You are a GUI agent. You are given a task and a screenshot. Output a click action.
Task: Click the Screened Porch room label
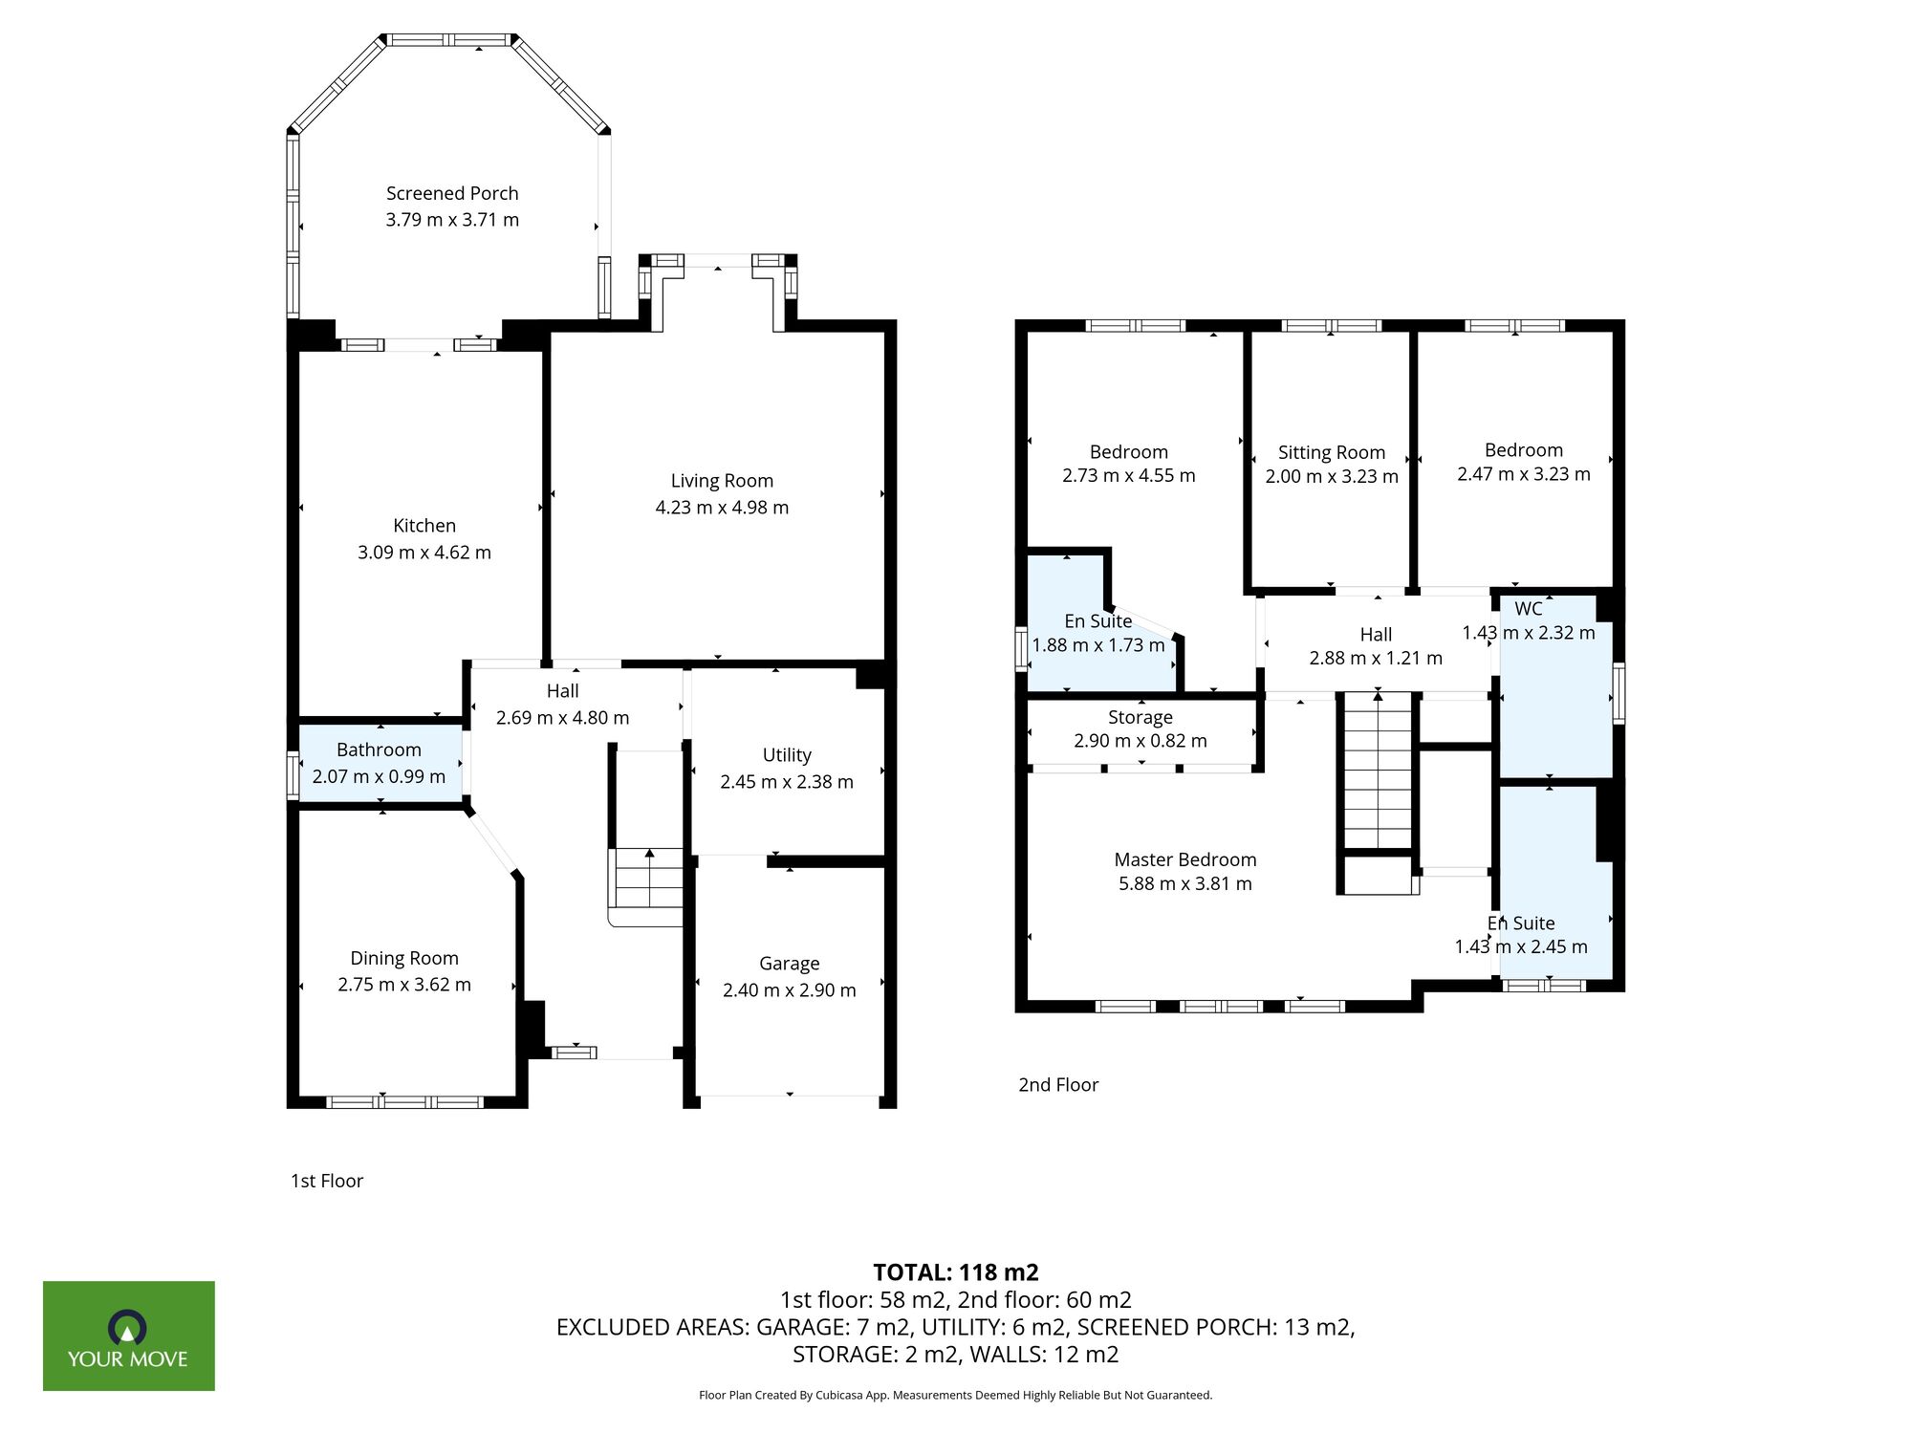[x=452, y=193]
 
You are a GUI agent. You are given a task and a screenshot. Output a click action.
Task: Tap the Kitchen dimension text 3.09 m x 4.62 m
[x=424, y=553]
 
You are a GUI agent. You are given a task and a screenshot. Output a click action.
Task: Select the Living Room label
[x=722, y=481]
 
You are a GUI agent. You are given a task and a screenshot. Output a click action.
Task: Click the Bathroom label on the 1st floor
[x=379, y=750]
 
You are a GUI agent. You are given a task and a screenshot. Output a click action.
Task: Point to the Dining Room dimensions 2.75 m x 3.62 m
[x=404, y=985]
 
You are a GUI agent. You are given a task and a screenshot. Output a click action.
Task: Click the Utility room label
[x=787, y=755]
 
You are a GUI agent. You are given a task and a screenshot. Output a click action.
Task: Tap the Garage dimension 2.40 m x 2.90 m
[x=790, y=990]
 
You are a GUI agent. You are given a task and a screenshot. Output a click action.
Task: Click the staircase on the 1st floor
[x=648, y=880]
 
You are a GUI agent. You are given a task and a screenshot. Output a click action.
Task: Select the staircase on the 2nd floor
[x=1378, y=774]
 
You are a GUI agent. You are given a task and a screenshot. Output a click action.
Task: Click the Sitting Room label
[x=1331, y=452]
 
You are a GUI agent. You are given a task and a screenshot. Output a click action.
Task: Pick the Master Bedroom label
[x=1185, y=859]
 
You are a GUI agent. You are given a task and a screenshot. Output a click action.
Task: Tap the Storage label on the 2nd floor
[x=1140, y=717]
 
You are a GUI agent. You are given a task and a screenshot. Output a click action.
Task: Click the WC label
[x=1528, y=609]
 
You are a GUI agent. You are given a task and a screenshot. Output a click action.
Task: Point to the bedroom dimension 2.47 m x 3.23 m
[x=1523, y=474]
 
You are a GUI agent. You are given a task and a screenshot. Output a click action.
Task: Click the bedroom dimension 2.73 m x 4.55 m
[x=1128, y=476]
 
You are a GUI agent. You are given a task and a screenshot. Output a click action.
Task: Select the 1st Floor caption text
[x=327, y=1181]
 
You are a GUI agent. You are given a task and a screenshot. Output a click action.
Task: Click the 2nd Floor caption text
[x=1058, y=1085]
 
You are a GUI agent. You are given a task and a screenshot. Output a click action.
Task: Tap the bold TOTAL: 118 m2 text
[x=955, y=1272]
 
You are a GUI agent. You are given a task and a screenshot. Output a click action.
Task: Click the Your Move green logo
[x=128, y=1336]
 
